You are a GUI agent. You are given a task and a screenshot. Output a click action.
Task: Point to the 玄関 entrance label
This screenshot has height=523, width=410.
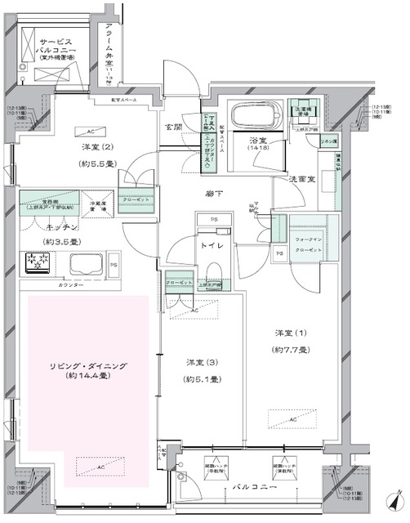[x=175, y=127]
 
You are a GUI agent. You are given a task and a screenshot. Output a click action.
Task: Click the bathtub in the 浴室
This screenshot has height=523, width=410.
[x=254, y=114]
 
